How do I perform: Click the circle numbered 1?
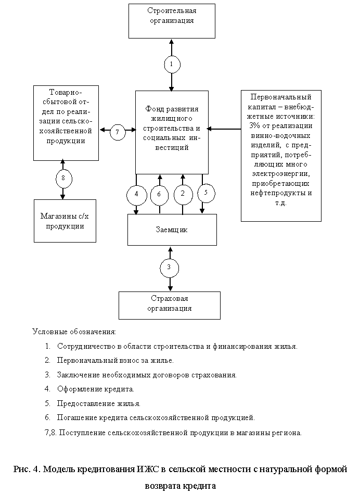171,64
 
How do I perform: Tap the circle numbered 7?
118,132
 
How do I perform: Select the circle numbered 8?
63,178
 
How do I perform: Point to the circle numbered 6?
159,194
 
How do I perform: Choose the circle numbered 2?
183,194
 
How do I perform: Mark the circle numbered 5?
206,192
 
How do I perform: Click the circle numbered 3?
170,268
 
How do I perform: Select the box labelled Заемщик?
172,230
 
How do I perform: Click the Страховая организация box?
169,304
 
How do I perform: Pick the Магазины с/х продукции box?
65,221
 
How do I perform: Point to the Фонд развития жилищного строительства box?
172,132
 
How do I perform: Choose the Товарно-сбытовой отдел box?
66,123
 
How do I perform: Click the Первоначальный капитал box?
281,155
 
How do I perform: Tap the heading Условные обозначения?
75,332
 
